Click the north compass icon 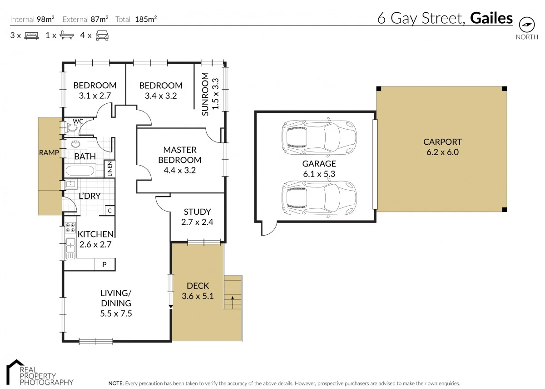(x=526, y=24)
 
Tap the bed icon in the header (x=32, y=35)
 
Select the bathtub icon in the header (x=66, y=35)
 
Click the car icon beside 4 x (x=102, y=35)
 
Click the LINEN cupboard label (x=109, y=170)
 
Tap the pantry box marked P (x=104, y=264)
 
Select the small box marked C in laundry (x=109, y=211)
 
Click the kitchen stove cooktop (x=70, y=228)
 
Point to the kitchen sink (x=70, y=248)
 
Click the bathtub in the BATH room (x=80, y=172)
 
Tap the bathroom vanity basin (x=75, y=145)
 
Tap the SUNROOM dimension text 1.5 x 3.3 (x=216, y=94)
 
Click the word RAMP (x=49, y=153)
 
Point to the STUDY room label (x=197, y=212)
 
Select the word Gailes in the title (x=491, y=18)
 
